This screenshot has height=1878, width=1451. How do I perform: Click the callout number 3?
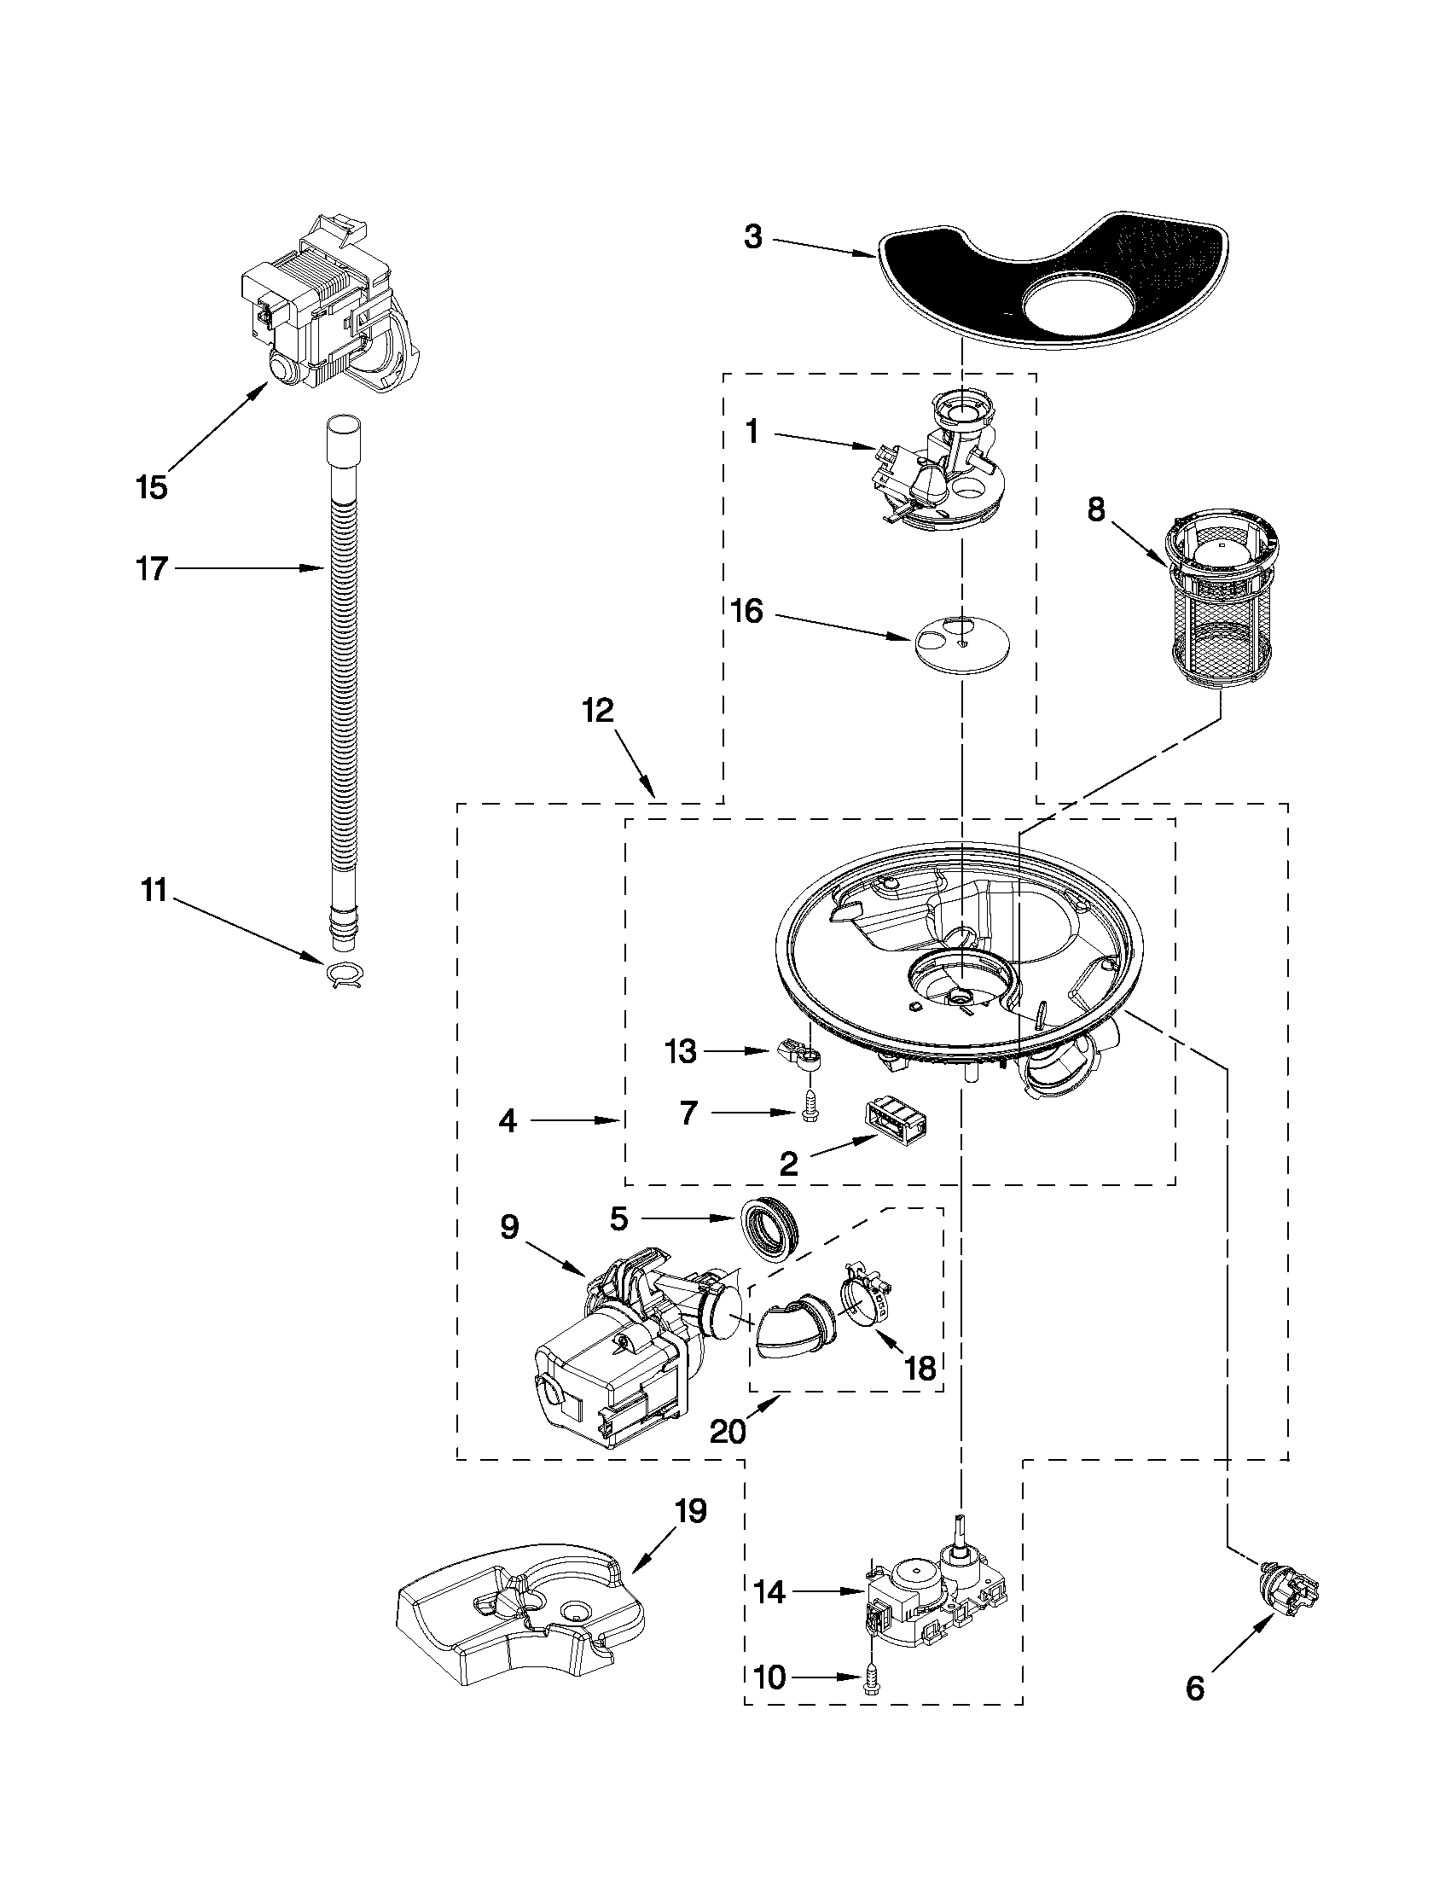(753, 237)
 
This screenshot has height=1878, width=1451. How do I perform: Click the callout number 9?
(510, 1228)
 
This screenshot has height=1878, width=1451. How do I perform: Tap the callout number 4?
(508, 1121)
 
